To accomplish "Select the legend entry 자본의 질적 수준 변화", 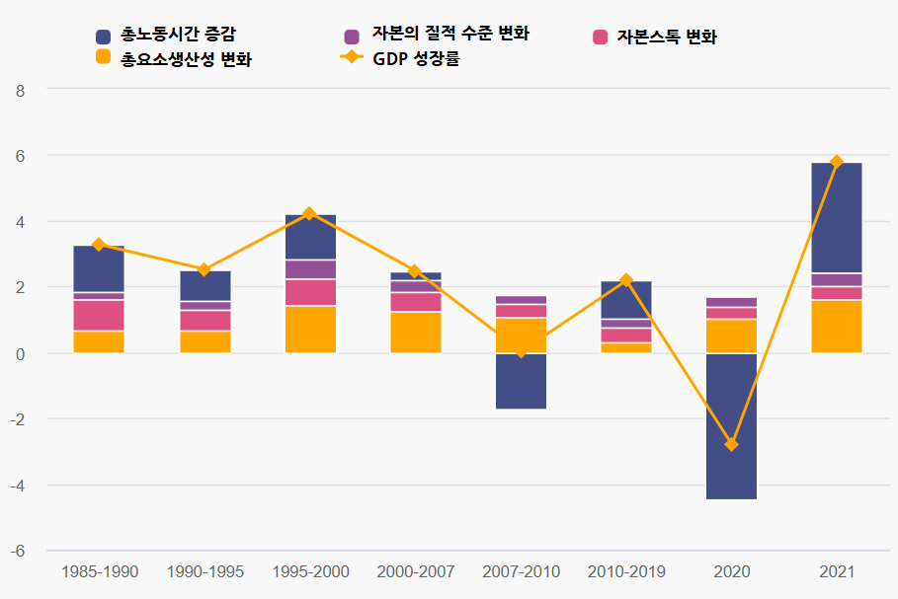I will click(436, 35).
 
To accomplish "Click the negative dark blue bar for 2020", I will click(731, 426).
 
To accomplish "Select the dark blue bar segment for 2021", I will click(837, 217).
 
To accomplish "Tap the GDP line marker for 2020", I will click(731, 445).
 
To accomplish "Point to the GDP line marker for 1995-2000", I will click(309, 214).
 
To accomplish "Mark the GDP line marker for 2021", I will click(837, 162).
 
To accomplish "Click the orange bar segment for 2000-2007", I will click(415, 333).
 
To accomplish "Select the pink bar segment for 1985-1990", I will click(99, 316).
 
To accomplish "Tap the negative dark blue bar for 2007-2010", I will click(521, 381).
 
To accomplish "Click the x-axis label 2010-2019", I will click(626, 572).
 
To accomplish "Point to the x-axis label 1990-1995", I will click(204, 572).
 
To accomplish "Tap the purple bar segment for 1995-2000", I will click(309, 269).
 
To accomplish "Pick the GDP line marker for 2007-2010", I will click(521, 350).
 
